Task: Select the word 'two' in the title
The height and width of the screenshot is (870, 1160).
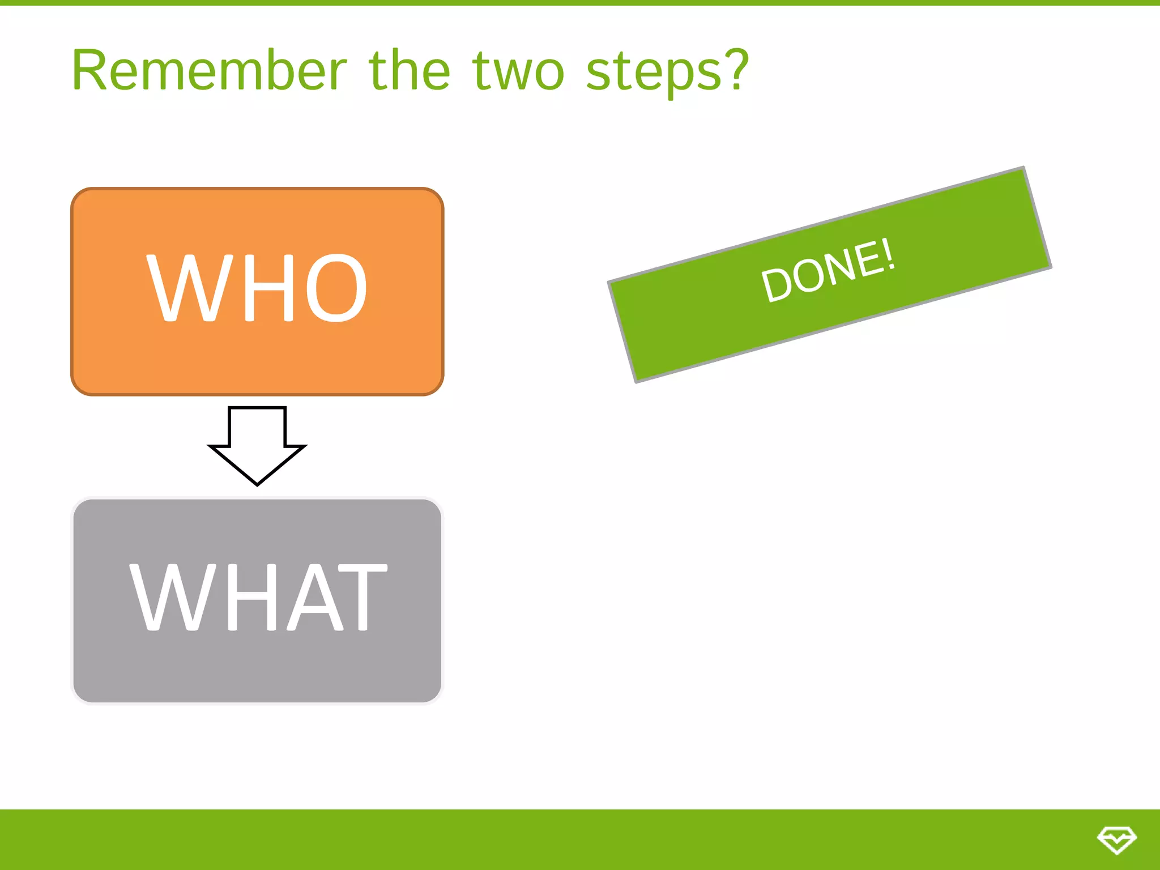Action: point(518,72)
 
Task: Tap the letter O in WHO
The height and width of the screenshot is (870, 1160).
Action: point(336,288)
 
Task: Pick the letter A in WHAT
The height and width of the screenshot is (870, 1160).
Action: point(315,597)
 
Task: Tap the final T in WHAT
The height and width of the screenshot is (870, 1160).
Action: point(362,597)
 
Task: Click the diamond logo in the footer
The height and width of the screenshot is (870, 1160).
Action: point(1116,839)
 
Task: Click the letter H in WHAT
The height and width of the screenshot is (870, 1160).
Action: point(251,597)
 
